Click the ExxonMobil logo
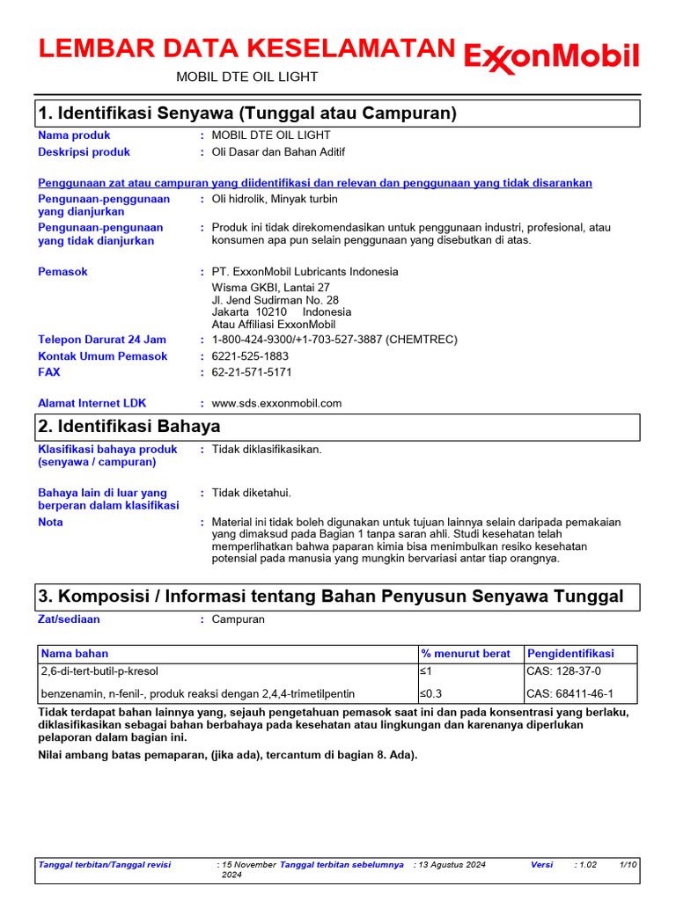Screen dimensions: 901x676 [551, 57]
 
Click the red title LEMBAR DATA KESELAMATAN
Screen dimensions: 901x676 [246, 49]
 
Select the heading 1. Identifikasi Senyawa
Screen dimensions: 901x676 [246, 114]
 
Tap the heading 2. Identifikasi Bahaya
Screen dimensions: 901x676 [129, 426]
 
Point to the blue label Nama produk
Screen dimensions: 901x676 [74, 136]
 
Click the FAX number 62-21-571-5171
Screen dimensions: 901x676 [252, 372]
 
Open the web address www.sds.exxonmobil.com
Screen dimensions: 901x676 [276, 403]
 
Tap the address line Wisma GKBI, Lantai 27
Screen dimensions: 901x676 [271, 287]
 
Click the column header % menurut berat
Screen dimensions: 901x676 [466, 654]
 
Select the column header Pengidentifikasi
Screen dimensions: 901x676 [570, 654]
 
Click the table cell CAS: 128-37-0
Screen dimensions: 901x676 [564, 671]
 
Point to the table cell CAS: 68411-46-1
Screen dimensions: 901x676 [569, 693]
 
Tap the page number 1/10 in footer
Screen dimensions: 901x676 [628, 865]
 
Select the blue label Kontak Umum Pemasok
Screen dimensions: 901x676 [102, 356]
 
